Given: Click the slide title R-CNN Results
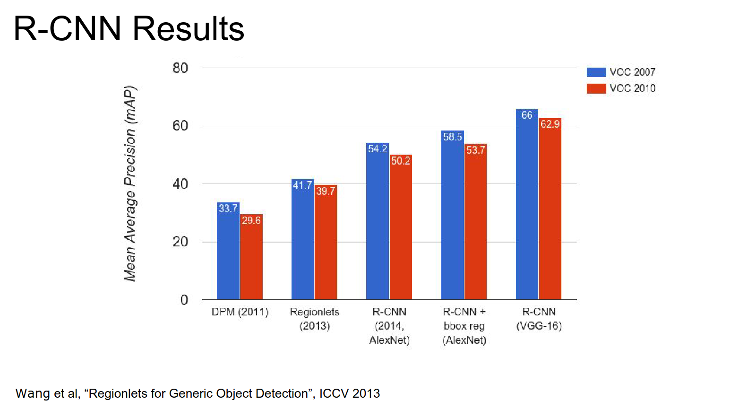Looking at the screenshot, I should point(129,29).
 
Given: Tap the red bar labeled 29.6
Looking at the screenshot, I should point(251,260).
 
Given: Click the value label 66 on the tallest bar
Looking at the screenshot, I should point(527,115).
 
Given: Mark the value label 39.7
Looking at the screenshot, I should point(326,191).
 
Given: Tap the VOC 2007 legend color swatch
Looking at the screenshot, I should point(596,72).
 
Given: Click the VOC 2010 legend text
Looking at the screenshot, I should point(632,88).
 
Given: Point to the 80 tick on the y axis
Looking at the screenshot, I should point(180,68).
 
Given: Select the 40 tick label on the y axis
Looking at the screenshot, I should point(180,184).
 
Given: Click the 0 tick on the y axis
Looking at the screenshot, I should point(184,300).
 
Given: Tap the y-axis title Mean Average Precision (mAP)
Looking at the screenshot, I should point(130,183).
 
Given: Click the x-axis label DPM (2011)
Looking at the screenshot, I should point(240,312).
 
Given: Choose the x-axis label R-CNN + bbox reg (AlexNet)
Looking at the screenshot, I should point(464,326).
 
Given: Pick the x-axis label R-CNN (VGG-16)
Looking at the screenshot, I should point(539,319).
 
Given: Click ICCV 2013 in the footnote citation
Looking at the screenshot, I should point(350,393).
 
